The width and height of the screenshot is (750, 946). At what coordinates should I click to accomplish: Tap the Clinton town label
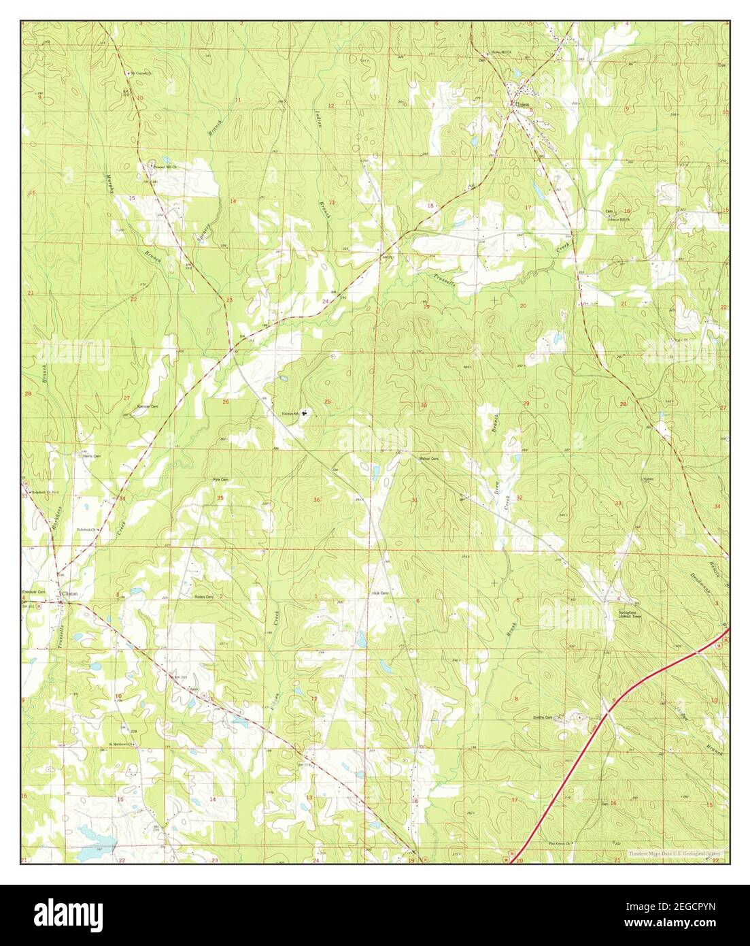70,594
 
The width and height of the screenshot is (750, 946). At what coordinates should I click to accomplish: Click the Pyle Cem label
220,480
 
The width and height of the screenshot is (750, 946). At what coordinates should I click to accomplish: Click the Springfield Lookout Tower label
629,613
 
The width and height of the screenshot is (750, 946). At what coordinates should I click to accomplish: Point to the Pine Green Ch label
560,845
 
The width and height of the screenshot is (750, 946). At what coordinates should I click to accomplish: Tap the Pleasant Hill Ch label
164,166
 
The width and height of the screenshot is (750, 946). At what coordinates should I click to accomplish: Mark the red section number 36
317,500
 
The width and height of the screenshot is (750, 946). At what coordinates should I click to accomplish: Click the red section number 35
220,499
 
